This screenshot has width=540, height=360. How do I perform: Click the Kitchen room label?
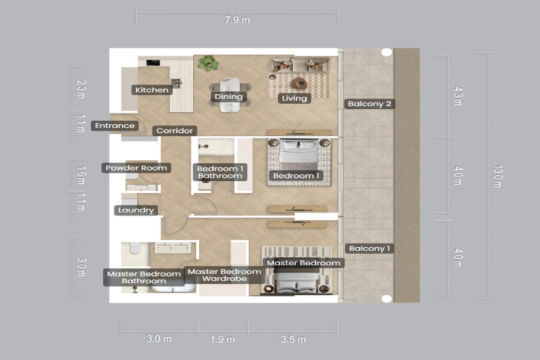(x=152, y=90)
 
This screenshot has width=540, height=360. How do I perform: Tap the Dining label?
(x=229, y=97)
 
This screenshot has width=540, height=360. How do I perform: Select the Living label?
(x=295, y=98)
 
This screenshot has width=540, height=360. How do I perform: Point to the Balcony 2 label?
(x=370, y=104)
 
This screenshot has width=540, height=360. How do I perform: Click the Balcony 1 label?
(x=370, y=248)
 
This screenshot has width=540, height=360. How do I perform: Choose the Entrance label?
(x=115, y=126)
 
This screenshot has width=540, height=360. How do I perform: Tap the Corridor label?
(x=175, y=131)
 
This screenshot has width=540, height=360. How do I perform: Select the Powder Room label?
(x=136, y=168)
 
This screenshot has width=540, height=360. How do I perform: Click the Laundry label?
(x=136, y=210)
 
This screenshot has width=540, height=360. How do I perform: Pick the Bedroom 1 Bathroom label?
(x=220, y=172)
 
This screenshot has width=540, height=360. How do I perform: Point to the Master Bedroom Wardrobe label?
(x=224, y=275)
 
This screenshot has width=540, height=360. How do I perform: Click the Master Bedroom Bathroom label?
(x=143, y=277)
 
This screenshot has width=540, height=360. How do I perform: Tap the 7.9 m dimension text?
(x=237, y=20)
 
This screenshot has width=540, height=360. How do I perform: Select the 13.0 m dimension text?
(x=497, y=176)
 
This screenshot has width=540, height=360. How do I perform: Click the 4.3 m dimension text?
(x=457, y=96)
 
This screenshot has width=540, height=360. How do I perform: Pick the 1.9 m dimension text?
(x=223, y=340)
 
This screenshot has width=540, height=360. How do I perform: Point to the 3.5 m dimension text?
(x=293, y=340)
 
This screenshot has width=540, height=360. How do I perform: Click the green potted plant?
(x=208, y=64)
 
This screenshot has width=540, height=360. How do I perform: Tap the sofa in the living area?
(x=299, y=65)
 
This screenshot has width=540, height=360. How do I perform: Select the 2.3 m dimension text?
(x=80, y=89)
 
